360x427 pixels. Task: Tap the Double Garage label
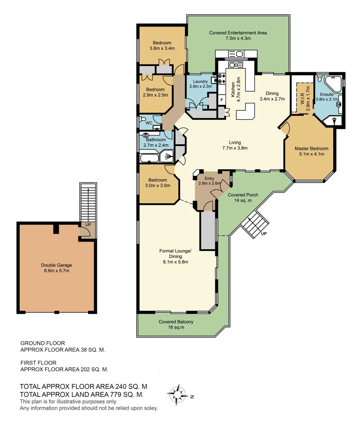click(57, 265)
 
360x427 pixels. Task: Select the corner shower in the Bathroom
click(168, 157)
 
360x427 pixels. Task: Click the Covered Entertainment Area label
click(238, 33)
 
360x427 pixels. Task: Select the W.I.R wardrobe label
click(302, 97)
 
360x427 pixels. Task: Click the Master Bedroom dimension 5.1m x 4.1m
click(311, 154)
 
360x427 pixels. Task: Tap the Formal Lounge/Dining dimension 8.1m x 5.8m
click(175, 262)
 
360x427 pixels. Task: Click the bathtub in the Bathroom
click(149, 158)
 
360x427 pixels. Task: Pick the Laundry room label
click(200, 81)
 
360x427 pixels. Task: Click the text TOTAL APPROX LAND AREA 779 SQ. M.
click(82, 395)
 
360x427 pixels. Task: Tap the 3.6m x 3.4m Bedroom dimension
click(162, 48)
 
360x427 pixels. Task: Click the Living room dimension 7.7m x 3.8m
click(235, 148)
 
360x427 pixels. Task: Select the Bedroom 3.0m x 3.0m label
click(158, 180)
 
